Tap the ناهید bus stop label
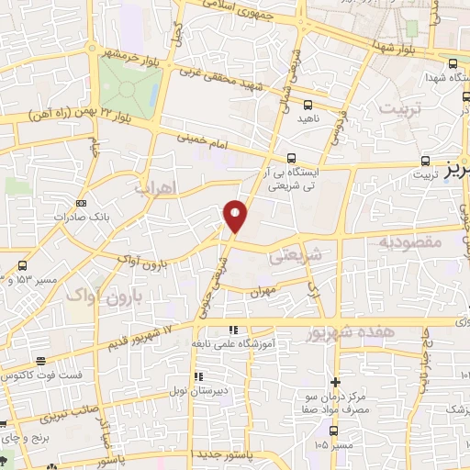[x=307, y=119]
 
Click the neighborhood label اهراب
[x=154, y=187]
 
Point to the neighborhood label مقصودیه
[x=409, y=241]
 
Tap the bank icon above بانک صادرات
[x=81, y=203]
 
